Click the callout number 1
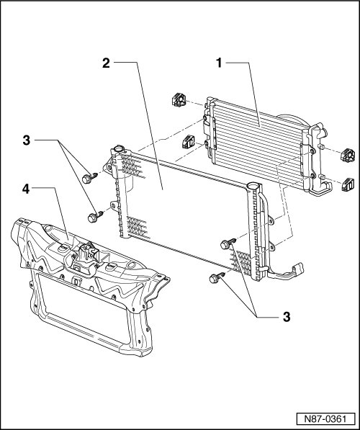click(x=219, y=63)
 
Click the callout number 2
click(x=106, y=63)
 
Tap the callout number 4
click(x=26, y=189)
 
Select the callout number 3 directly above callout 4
click(x=27, y=140)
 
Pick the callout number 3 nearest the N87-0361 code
click(x=287, y=317)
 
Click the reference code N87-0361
click(x=325, y=419)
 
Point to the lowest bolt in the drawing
click(x=217, y=277)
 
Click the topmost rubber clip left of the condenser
click(x=179, y=100)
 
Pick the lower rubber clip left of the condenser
click(x=189, y=142)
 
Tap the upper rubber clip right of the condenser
click(x=347, y=155)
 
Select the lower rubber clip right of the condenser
click(x=348, y=184)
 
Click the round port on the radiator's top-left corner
click(x=120, y=149)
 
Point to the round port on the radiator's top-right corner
click(x=252, y=186)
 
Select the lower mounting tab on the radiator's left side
click(x=114, y=205)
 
